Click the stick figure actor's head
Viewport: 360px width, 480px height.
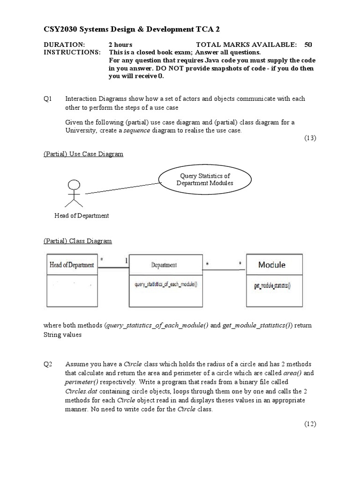[x=73, y=185]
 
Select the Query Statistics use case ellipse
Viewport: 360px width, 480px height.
[x=204, y=180]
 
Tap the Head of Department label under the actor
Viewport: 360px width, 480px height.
[x=82, y=216]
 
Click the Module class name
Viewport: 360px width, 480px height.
[x=271, y=265]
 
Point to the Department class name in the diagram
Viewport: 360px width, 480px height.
[x=164, y=265]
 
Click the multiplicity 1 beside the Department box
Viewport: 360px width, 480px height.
[x=125, y=260]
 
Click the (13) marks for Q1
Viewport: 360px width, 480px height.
[x=310, y=138]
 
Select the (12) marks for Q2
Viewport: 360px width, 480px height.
[x=310, y=424]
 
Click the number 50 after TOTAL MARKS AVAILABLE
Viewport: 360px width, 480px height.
[x=308, y=45]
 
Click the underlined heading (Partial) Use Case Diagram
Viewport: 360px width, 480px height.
[x=83, y=154]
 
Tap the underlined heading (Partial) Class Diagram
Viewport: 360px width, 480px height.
[x=78, y=241]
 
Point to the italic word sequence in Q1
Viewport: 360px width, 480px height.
[x=137, y=131]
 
